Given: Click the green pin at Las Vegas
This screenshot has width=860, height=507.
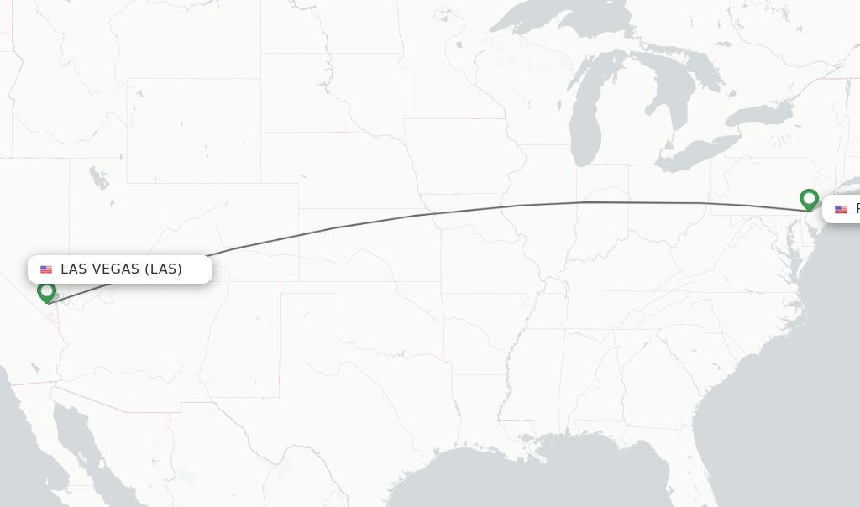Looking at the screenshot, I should [47, 291].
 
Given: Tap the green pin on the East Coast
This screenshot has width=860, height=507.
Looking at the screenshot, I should [809, 199].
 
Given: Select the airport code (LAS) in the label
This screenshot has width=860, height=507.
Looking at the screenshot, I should [163, 269].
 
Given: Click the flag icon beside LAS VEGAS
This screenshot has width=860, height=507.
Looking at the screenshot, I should [46, 269].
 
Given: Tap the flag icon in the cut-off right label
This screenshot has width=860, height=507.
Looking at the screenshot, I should [841, 210].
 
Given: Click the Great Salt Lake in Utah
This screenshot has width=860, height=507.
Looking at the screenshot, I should [99, 178].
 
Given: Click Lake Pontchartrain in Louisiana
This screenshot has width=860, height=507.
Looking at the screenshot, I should [528, 436].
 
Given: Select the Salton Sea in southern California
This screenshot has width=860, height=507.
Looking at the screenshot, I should [35, 368].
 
